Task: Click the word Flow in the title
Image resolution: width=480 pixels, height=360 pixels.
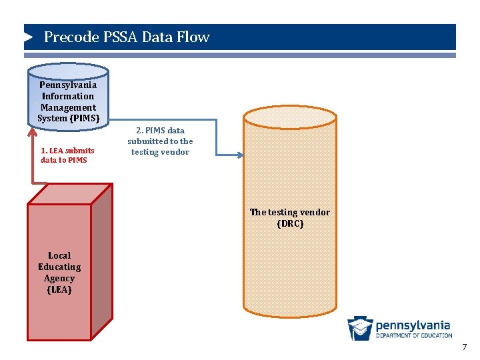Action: (194, 37)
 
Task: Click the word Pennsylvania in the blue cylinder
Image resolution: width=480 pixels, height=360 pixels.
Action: (68, 85)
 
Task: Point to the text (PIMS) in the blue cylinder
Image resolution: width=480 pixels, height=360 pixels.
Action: (85, 119)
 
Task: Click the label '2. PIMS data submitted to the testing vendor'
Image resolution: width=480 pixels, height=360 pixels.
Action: (160, 141)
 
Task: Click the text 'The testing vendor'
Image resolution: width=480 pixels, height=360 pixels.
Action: (290, 212)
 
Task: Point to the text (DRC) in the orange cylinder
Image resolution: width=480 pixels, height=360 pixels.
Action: (290, 224)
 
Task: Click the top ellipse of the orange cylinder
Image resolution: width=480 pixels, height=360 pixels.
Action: (289, 117)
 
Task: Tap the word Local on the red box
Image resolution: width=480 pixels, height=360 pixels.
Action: (59, 255)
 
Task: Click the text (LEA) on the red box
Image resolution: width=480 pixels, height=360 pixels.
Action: (59, 290)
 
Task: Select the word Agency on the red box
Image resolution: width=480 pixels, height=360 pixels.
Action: (59, 279)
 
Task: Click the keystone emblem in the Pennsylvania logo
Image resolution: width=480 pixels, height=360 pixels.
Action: (360, 329)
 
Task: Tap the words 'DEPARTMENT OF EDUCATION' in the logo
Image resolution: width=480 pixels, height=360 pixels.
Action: (414, 335)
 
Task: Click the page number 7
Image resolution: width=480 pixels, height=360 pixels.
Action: (465, 347)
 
